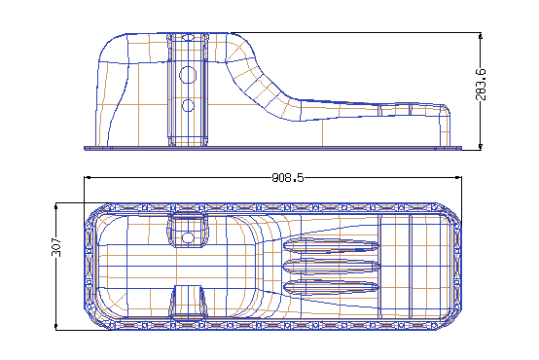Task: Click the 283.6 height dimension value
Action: pos(482,85)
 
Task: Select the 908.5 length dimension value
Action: pos(288,178)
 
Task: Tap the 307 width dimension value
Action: pos(56,247)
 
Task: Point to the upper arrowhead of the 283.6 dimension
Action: pos(481,36)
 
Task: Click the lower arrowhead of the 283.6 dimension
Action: pos(481,147)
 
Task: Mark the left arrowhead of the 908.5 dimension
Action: pos(88,177)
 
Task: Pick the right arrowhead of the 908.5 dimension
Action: pos(458,177)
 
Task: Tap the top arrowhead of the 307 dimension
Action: pos(56,206)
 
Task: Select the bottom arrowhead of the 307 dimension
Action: pos(56,326)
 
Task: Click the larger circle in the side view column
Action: pos(188,75)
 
